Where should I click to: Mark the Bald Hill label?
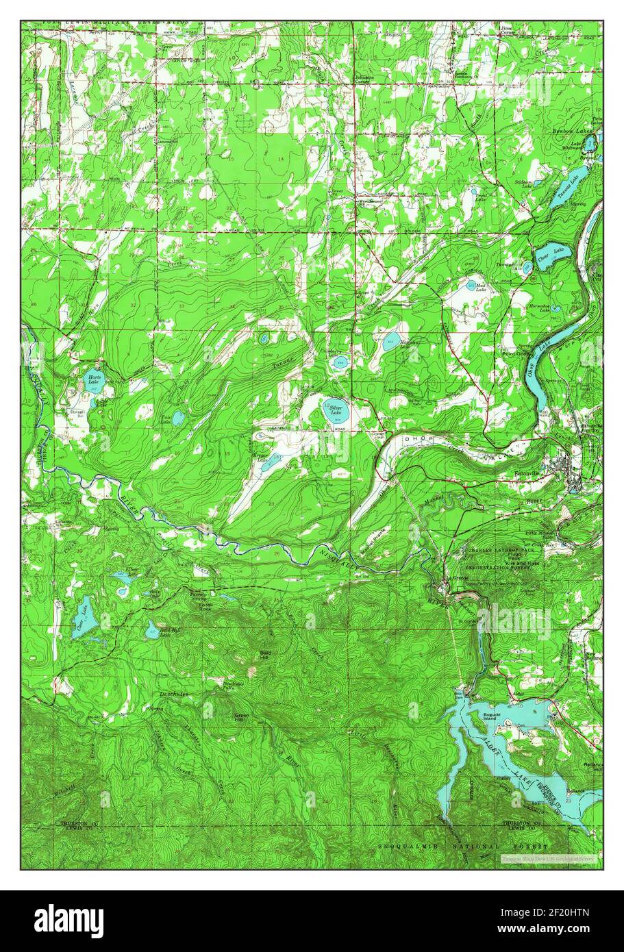coord(264,655)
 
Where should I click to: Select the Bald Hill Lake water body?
coord(152,631)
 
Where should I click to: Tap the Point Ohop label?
coord(517,354)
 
